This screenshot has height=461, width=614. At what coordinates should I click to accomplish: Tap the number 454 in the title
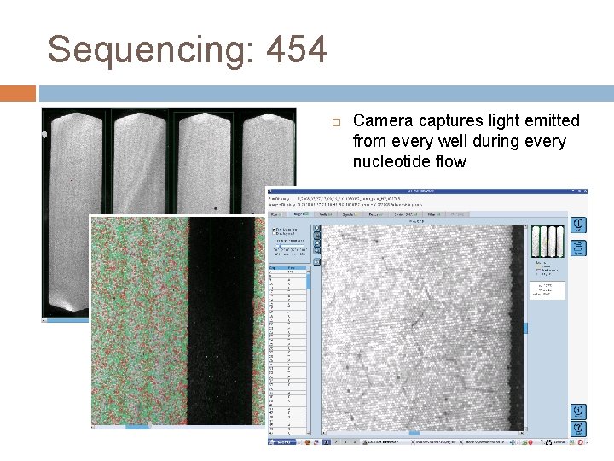click(296, 50)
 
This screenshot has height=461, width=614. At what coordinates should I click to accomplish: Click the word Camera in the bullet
click(383, 121)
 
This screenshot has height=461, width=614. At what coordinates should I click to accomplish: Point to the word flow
click(451, 162)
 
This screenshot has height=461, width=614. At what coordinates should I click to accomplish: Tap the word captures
click(449, 121)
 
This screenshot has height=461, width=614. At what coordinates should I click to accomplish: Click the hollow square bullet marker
click(336, 122)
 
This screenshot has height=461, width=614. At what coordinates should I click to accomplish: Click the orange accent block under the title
click(18, 93)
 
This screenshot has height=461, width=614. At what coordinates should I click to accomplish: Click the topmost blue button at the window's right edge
click(579, 224)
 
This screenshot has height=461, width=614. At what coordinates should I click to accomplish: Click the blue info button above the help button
click(579, 411)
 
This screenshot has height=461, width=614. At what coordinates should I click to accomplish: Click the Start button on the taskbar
click(282, 442)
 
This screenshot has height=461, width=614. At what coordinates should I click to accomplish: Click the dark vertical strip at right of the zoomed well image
click(516, 324)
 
